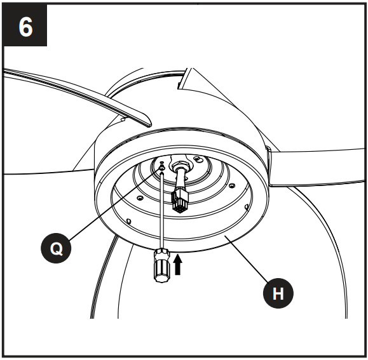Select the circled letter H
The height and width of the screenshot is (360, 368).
279,293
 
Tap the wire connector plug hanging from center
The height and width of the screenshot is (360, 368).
181,203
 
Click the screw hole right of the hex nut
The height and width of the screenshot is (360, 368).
198,158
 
